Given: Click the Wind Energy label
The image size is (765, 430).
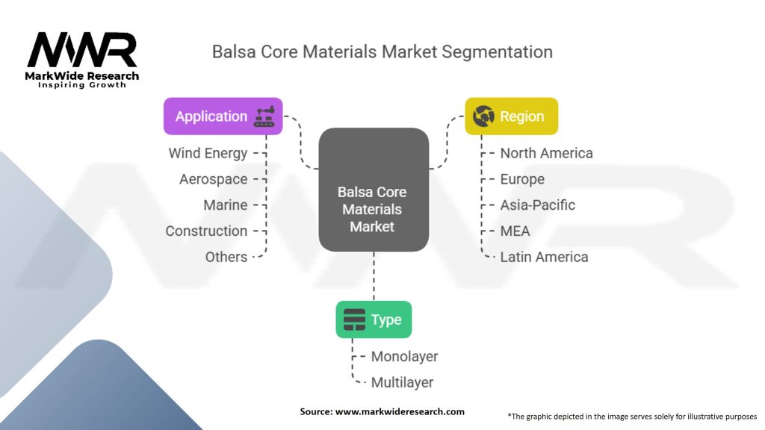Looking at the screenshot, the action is (x=208, y=154).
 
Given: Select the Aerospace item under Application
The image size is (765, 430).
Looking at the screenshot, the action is (x=213, y=179).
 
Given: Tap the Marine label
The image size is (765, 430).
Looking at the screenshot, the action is (x=226, y=205).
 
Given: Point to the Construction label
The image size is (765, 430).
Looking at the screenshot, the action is (x=206, y=231).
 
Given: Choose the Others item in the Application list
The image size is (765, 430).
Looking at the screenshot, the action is (x=226, y=257).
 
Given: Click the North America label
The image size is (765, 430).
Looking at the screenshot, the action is (x=546, y=153).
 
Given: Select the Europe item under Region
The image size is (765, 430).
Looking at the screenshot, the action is (x=522, y=179).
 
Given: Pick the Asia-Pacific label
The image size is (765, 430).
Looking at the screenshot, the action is (x=538, y=205).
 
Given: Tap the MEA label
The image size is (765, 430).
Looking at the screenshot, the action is (x=515, y=231).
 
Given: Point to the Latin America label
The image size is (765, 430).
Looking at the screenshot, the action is (x=544, y=257).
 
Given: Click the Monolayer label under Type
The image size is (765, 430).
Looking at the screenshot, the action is (x=404, y=357).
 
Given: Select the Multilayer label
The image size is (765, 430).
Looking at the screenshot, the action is (x=402, y=383).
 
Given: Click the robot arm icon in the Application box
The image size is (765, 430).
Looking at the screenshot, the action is (x=264, y=116).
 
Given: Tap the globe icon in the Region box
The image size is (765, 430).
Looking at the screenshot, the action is (x=483, y=116).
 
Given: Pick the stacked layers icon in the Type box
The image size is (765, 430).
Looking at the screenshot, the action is (x=354, y=320).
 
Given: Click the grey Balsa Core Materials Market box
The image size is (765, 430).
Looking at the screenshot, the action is (x=374, y=190).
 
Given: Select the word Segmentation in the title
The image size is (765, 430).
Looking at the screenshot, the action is (x=497, y=52).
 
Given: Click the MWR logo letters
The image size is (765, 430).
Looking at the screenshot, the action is (x=82, y=49).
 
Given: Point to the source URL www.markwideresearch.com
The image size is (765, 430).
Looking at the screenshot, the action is (x=400, y=411).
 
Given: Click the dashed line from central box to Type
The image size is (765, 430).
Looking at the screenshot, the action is (x=374, y=276).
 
